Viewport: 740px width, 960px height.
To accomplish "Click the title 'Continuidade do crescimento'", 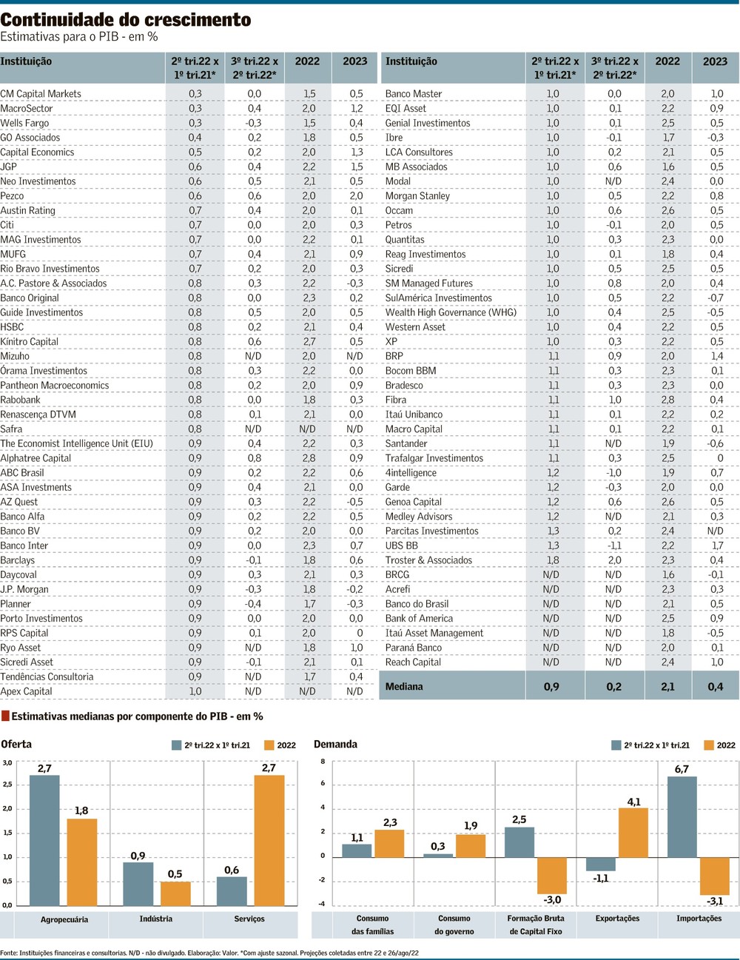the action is (126, 20).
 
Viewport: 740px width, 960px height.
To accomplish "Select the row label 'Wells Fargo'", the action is (24, 123).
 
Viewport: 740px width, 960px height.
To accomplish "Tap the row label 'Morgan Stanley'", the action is (417, 195).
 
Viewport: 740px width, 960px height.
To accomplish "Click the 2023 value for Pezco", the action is (357, 195).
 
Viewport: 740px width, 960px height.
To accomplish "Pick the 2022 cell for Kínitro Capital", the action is (309, 341).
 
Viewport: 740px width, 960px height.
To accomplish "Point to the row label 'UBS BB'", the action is (401, 546).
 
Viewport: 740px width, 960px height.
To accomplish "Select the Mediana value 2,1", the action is (667, 687).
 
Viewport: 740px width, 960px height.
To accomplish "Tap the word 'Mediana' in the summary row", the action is (404, 687).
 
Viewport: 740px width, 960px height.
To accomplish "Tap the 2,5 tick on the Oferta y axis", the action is (7, 785).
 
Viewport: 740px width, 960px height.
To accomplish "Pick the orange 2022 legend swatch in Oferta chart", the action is (269, 745).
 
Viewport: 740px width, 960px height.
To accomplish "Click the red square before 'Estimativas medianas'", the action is (5, 716).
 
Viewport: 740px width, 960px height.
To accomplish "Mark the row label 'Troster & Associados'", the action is (428, 560).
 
